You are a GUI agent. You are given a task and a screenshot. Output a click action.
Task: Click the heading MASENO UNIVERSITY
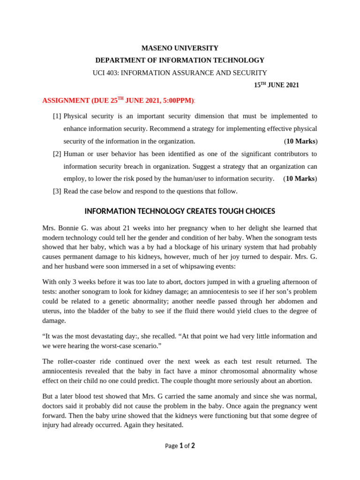[180, 48]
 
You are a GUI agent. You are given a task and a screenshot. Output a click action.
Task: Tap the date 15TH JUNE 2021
[276, 85]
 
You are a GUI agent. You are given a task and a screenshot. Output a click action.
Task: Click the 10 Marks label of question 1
[300, 141]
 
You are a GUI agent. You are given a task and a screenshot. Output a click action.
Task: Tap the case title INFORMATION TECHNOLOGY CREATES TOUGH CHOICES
[180, 211]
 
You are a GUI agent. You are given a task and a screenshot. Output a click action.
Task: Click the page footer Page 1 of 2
[180, 446]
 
